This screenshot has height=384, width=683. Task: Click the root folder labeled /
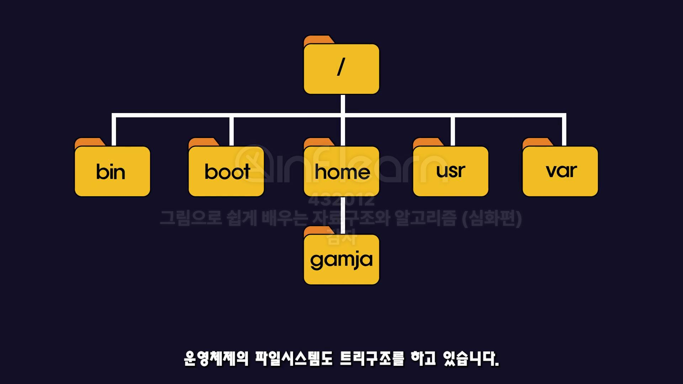pyautogui.click(x=341, y=69)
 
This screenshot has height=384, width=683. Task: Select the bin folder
pyautogui.click(x=112, y=171)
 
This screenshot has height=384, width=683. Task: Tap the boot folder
pyautogui.click(x=226, y=171)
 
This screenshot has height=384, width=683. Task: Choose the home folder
pyautogui.click(x=341, y=171)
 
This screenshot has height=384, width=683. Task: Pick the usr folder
pyautogui.click(x=450, y=171)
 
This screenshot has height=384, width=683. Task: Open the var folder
pyautogui.click(x=560, y=171)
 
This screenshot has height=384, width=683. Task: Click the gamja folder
pyautogui.click(x=341, y=259)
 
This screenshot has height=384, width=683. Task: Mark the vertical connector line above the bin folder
pyautogui.click(x=114, y=130)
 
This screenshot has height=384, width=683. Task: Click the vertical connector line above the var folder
pyautogui.click(x=564, y=130)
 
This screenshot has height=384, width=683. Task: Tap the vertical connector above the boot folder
pyautogui.click(x=232, y=130)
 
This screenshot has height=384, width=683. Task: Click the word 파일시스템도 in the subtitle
pyautogui.click(x=293, y=358)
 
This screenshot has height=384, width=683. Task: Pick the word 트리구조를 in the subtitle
pyautogui.click(x=372, y=358)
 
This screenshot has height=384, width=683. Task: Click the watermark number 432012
pyautogui.click(x=341, y=200)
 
